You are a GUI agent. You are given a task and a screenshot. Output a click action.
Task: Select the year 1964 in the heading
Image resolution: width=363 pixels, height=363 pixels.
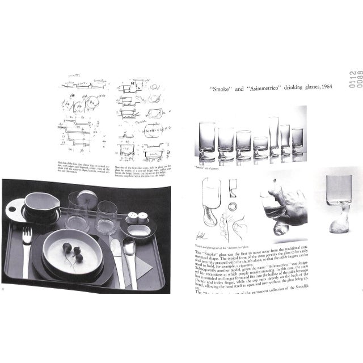coord(323,87)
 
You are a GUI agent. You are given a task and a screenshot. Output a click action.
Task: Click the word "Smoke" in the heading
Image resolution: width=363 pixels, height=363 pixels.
coord(218,87)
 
